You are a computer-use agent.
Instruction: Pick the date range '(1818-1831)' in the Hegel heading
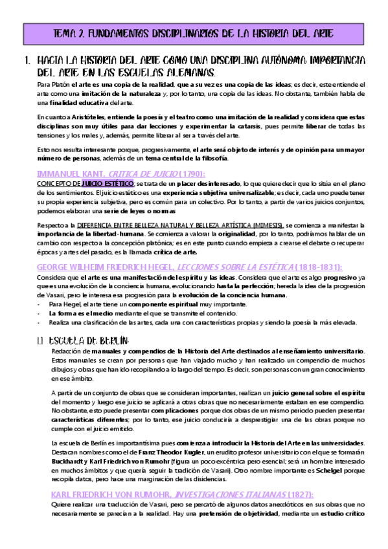coord(314,268)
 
